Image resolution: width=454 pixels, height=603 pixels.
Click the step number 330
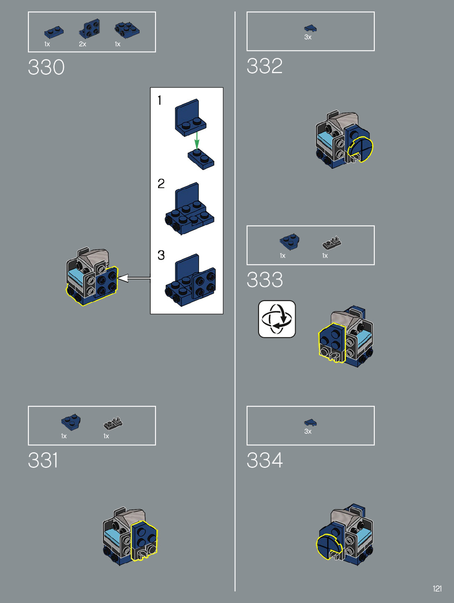(x=46, y=67)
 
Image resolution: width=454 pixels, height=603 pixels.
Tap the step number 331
(x=43, y=460)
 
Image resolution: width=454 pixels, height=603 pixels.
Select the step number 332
(x=265, y=66)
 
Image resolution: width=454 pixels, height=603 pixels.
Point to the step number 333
(x=265, y=280)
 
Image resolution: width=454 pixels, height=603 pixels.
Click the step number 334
(x=265, y=460)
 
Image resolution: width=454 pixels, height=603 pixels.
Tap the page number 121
(x=437, y=589)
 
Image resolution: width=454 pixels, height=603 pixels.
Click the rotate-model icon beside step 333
(x=277, y=319)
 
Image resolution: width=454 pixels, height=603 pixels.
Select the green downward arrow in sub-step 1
(x=197, y=140)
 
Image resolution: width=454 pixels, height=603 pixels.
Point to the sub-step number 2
(x=161, y=184)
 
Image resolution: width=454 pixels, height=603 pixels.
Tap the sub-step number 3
(x=161, y=255)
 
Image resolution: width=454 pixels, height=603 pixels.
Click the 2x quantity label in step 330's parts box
(x=83, y=44)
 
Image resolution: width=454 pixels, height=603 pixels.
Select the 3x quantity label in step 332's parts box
(x=308, y=37)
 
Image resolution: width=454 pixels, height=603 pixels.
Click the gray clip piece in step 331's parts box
(x=113, y=423)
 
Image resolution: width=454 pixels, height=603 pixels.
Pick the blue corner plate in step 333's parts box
(x=289, y=241)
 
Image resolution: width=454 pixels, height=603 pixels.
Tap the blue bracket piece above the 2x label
(x=89, y=28)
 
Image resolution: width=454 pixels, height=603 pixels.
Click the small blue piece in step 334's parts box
(x=310, y=422)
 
